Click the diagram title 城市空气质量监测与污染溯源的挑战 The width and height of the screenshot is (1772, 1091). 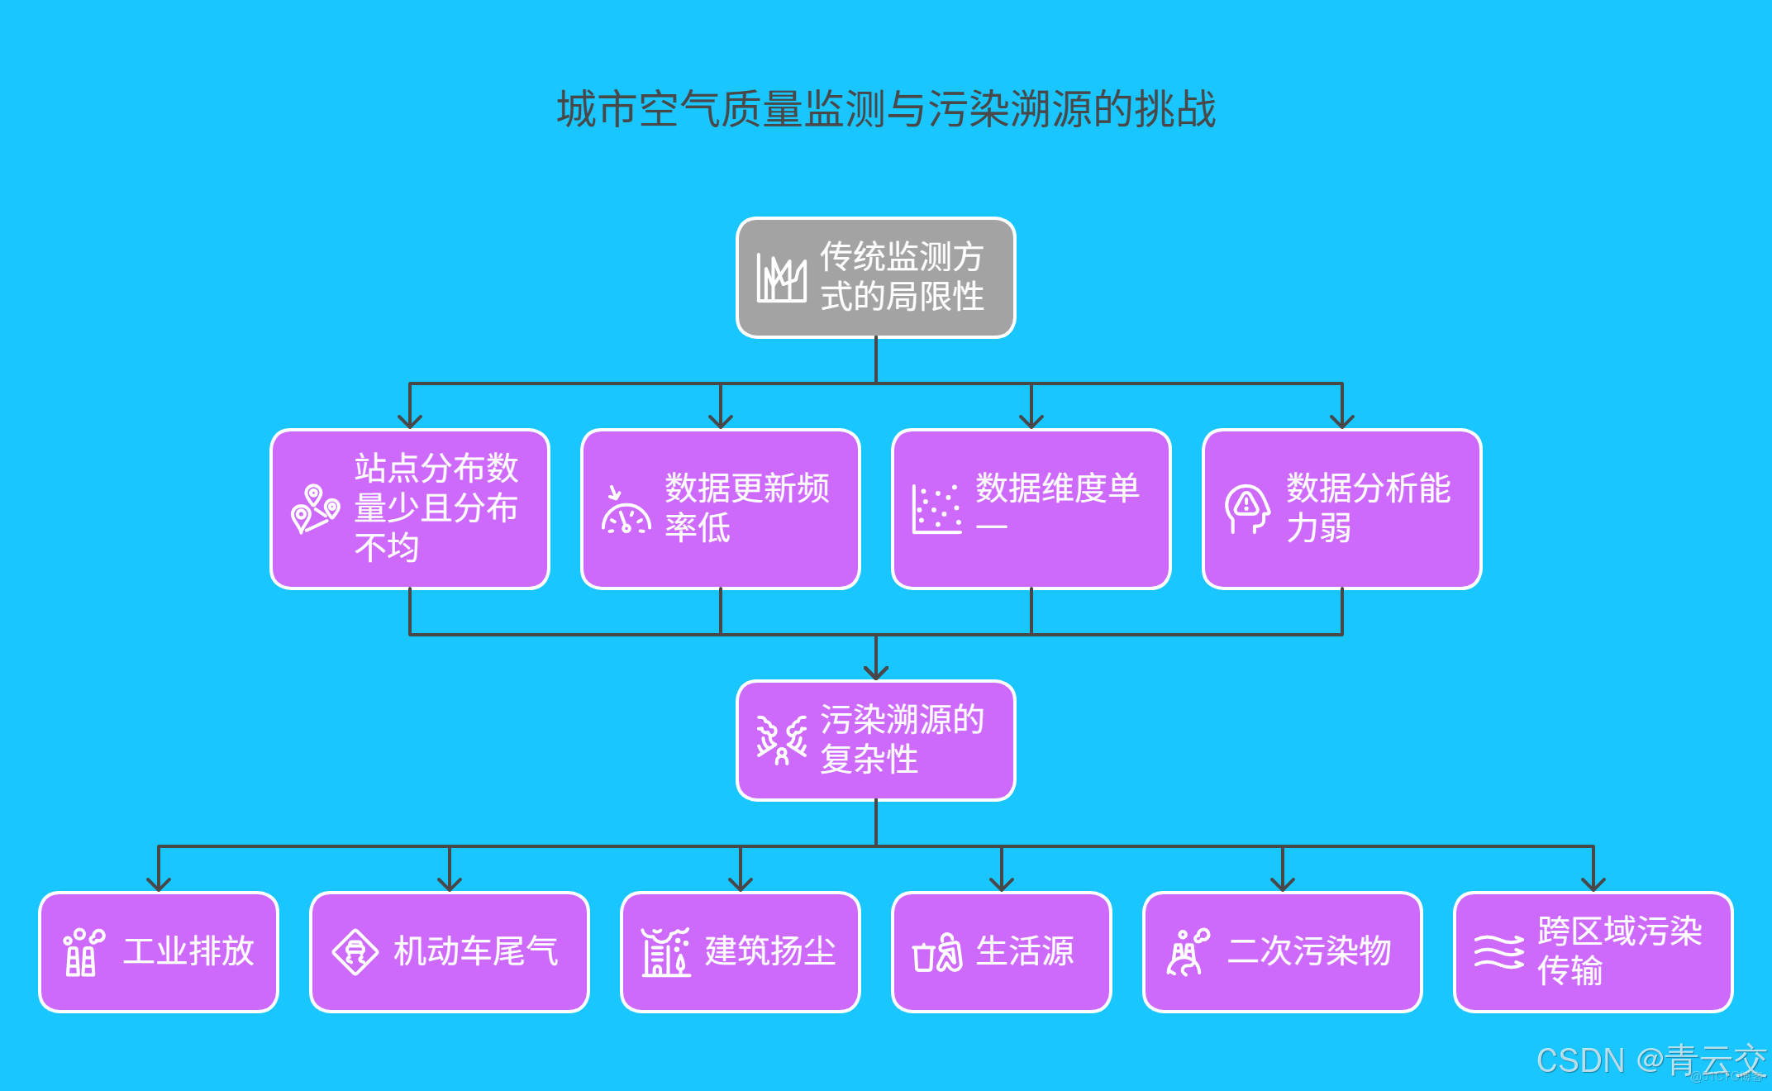coord(886,110)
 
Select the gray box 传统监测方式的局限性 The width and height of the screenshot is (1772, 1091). coord(875,278)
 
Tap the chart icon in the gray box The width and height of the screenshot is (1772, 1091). coord(781,279)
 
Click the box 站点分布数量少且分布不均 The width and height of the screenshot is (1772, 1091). coord(410,508)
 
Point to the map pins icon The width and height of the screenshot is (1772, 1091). coord(315,508)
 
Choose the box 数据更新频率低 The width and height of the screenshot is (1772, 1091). coord(721,508)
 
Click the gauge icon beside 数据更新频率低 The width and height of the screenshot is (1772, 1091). coord(626,512)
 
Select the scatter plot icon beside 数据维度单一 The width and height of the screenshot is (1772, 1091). coord(936,509)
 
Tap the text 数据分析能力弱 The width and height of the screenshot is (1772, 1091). coord(1368,507)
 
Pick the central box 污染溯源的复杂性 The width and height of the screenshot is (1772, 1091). coord(875,740)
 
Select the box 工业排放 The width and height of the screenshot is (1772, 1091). coord(159,951)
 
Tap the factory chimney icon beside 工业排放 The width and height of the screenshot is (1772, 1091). coord(83,952)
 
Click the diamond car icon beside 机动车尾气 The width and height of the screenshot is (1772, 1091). coord(355,952)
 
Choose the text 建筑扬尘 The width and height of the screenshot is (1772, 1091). coord(769,951)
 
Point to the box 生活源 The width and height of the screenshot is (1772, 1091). coord(1001,951)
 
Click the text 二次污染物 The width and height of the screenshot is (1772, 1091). coord(1309,951)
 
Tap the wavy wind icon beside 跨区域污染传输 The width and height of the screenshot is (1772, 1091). coord(1498,952)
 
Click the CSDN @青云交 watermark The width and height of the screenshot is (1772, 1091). coord(1650,1060)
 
